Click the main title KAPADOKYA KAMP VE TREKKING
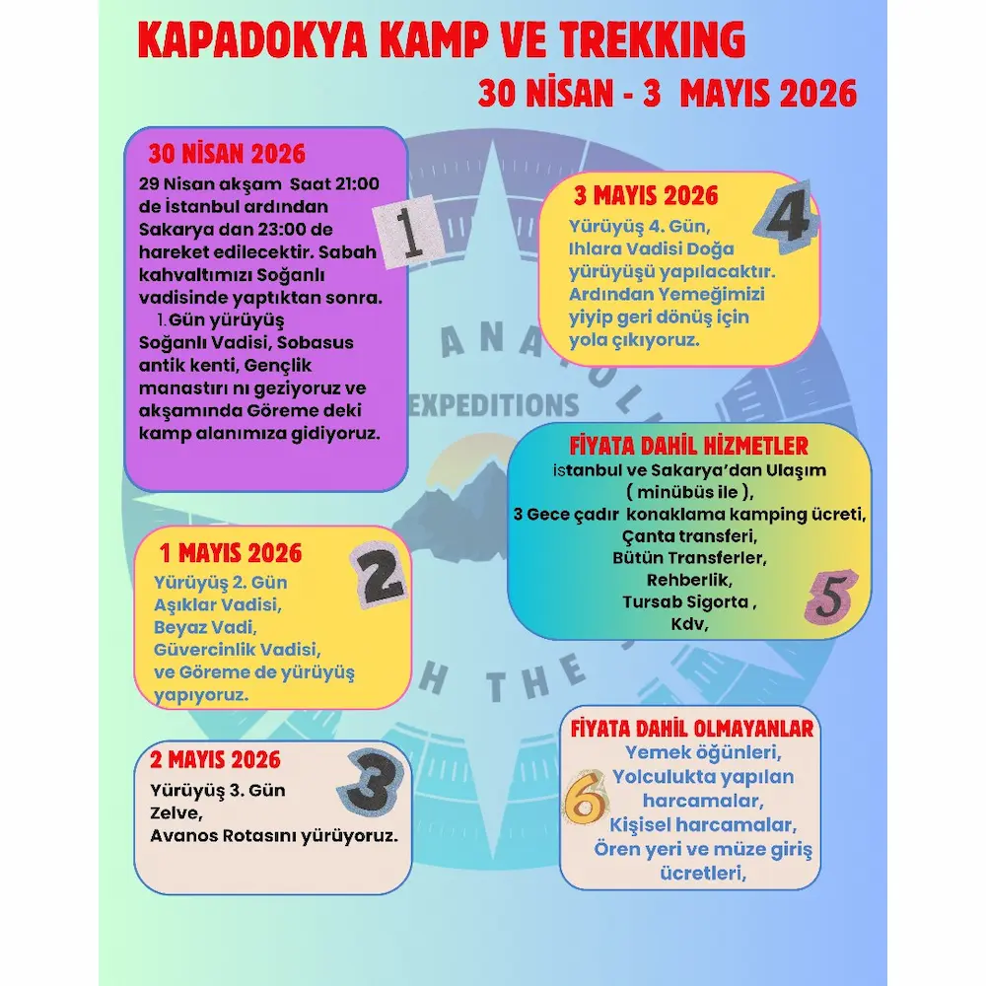441,40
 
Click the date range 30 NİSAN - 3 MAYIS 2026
667,94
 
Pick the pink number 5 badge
830,598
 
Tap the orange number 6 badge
585,800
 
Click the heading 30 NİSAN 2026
227,155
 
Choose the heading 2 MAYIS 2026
216,760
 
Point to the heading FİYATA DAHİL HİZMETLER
688,445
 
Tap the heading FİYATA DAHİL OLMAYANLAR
692,730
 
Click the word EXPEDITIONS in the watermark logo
500,404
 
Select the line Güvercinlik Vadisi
238,650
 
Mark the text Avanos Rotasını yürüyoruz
274,836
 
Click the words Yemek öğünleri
703,753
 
